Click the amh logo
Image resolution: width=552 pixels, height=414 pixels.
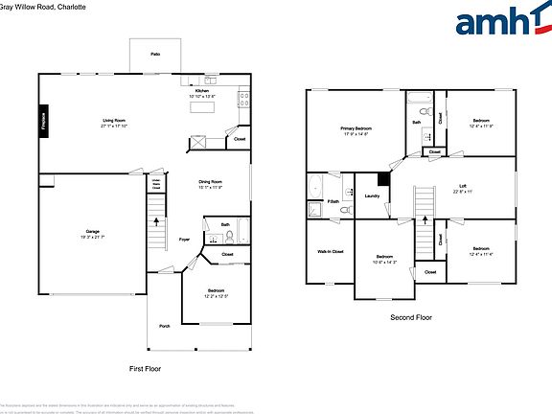(x=497, y=23)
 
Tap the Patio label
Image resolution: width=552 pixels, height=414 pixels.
(x=154, y=56)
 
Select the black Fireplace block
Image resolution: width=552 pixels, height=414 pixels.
(x=43, y=121)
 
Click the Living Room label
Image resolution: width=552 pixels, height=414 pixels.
(x=115, y=123)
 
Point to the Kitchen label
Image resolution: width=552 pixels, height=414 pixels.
(x=202, y=92)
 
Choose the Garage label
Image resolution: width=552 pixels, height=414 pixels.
(x=93, y=233)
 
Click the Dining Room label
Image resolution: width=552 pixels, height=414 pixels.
(x=211, y=183)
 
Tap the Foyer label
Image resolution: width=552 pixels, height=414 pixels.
(x=184, y=240)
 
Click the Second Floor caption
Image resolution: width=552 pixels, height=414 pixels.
(x=411, y=317)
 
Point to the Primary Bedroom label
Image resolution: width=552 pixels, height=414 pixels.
(x=356, y=129)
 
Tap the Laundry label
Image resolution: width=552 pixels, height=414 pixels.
(x=373, y=196)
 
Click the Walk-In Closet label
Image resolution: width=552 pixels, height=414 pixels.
(x=330, y=252)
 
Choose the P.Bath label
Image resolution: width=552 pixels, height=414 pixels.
(x=333, y=202)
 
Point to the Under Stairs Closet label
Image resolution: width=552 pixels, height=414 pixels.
(x=154, y=183)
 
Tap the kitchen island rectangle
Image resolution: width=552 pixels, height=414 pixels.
(x=204, y=107)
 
